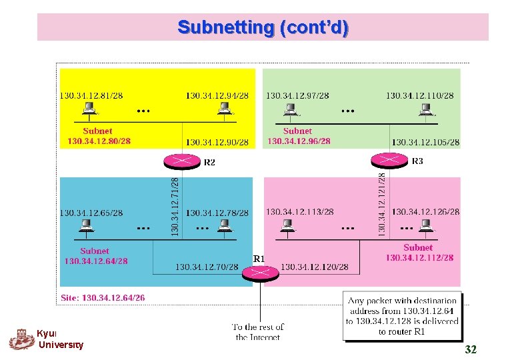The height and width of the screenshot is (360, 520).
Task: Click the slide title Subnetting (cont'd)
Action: click(263, 28)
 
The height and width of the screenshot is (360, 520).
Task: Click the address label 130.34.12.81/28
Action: click(91, 95)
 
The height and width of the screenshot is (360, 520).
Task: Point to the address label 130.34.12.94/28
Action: click(217, 95)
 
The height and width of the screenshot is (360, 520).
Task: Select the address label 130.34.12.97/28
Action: click(297, 95)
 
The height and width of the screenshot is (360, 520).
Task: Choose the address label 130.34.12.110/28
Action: click(420, 95)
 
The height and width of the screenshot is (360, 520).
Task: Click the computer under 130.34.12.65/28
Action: click(86, 227)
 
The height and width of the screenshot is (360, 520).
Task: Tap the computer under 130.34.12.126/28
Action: click(426, 227)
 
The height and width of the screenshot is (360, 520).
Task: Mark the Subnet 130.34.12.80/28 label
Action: click(98, 136)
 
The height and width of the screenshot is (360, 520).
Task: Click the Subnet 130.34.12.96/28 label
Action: click(298, 136)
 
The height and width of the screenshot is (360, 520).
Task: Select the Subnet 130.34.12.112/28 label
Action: click(419, 253)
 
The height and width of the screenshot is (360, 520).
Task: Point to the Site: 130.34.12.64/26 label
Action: click(103, 298)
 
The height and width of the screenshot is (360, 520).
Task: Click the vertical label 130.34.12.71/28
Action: click(175, 205)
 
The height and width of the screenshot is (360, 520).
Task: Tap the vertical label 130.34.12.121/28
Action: click(382, 203)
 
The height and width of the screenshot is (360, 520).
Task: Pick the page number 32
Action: click(471, 349)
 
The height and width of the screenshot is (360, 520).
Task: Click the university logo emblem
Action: click(21, 339)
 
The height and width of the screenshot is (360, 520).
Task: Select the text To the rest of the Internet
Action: click(257, 331)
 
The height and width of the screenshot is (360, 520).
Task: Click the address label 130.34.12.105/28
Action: click(425, 142)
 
